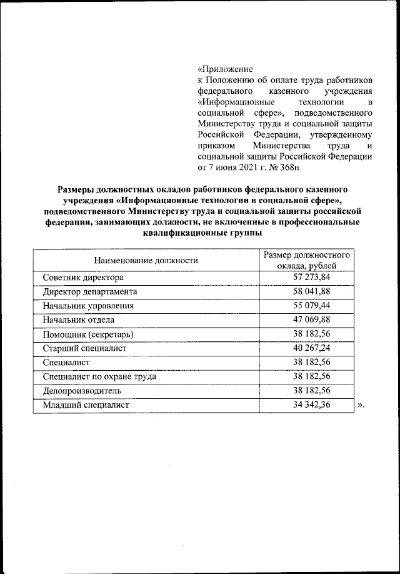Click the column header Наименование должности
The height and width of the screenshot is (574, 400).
point(146,260)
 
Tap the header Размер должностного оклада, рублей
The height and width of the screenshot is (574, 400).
point(306,261)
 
